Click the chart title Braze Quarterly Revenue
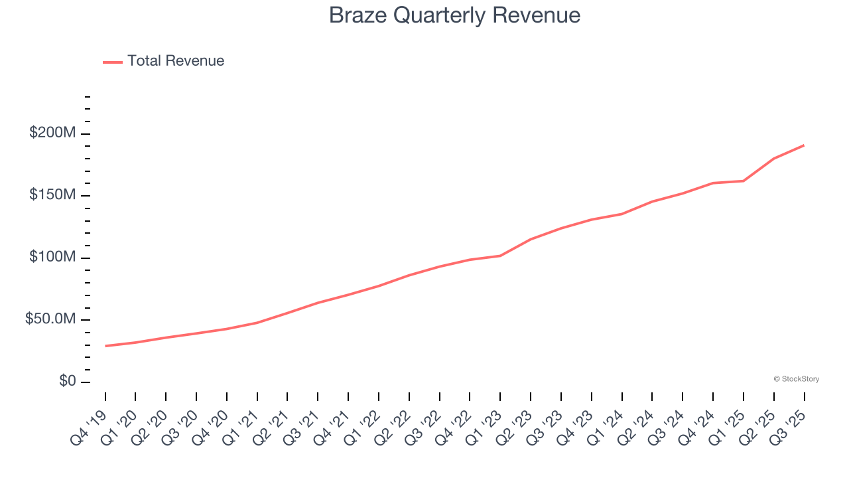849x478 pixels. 454,15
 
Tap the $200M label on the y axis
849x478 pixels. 52,133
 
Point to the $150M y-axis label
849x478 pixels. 52,195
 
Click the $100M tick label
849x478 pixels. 52,257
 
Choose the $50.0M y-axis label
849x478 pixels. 50,319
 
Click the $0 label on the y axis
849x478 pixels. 67,381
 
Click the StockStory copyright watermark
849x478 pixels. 796,379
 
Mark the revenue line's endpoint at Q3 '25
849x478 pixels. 804,145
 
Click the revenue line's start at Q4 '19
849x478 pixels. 105,346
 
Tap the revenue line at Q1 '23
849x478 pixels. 500,256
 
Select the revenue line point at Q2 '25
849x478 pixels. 773,159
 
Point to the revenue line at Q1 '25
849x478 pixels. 743,181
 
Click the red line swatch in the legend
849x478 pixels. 113,62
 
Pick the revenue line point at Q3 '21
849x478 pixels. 318,303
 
